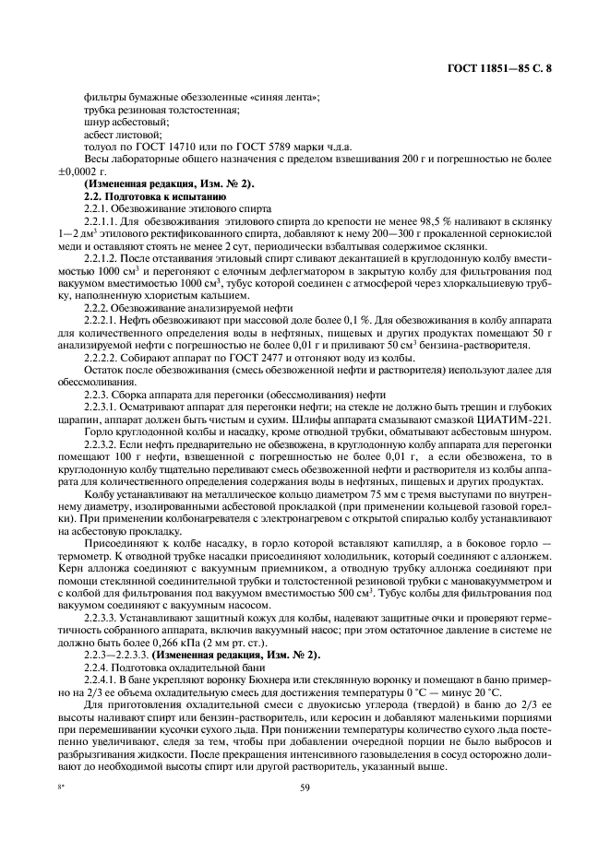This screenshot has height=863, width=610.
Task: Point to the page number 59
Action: click(304, 786)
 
